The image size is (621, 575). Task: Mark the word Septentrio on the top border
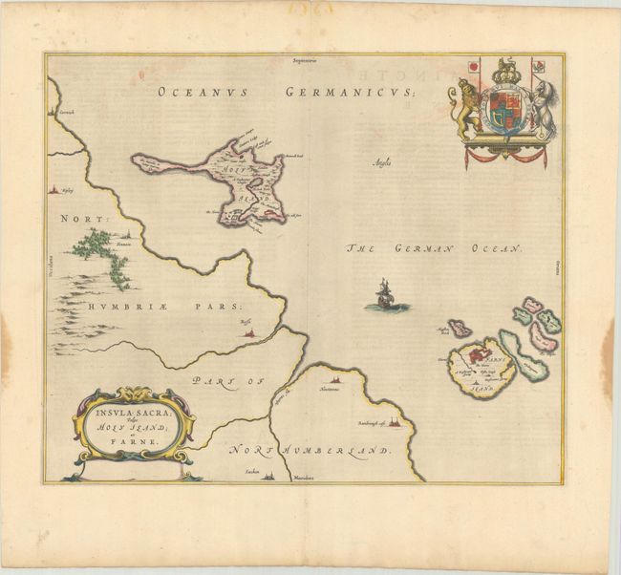coord(310,63)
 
